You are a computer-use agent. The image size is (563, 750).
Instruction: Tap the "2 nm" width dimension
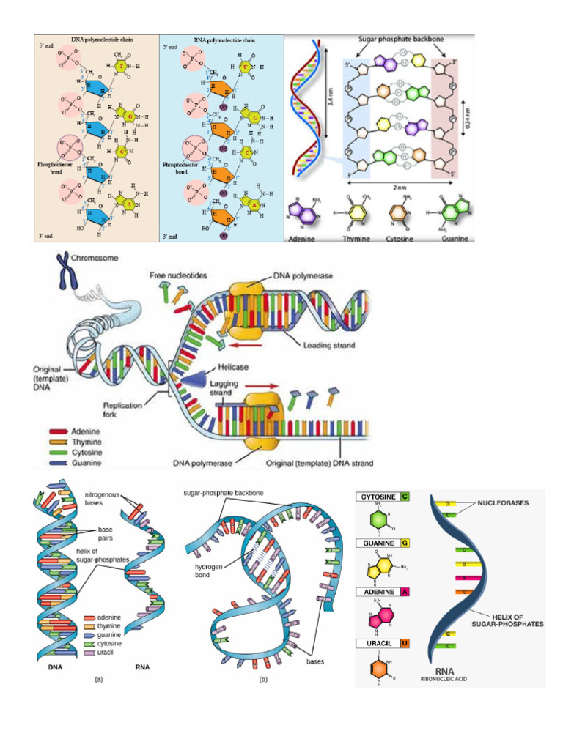399,187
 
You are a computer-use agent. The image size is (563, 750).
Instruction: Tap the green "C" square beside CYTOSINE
405,497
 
